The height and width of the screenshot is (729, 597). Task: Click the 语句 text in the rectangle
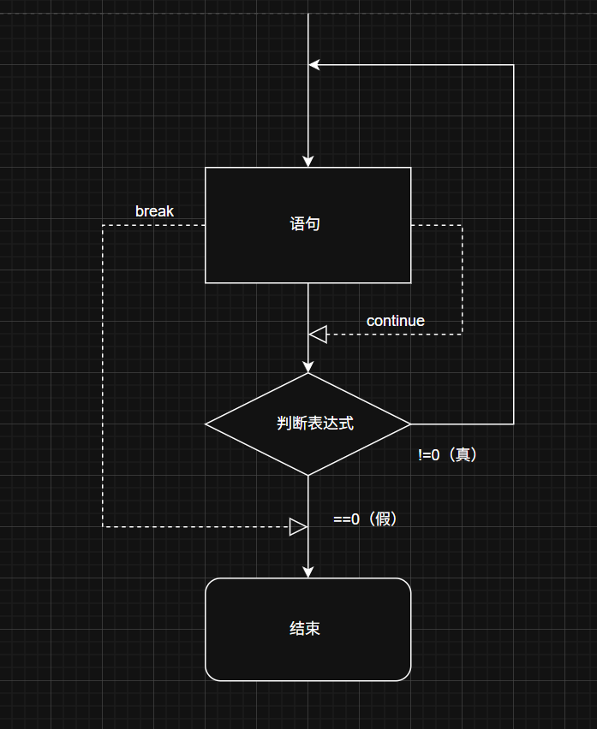305,225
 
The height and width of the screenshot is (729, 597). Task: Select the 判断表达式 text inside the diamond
315,424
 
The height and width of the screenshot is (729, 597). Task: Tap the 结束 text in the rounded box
305,629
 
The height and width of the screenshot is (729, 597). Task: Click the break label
154,211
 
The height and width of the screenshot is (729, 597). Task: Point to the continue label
395,321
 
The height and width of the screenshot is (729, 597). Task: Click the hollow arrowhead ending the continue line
318,334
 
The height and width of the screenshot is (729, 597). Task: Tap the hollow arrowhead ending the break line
298,526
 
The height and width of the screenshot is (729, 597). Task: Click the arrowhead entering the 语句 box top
308,162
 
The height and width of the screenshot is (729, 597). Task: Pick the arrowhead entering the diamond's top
308,367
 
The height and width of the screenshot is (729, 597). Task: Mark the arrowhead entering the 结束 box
308,572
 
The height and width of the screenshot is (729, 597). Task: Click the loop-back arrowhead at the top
314,64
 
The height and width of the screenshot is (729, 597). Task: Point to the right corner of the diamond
411,424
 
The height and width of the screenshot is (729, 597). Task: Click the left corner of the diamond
206,424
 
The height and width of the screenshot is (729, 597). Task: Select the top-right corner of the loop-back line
514,64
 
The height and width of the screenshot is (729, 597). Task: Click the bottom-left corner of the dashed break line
103,526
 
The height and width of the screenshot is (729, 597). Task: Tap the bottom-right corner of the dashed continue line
463,334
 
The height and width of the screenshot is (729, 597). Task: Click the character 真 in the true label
463,455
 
